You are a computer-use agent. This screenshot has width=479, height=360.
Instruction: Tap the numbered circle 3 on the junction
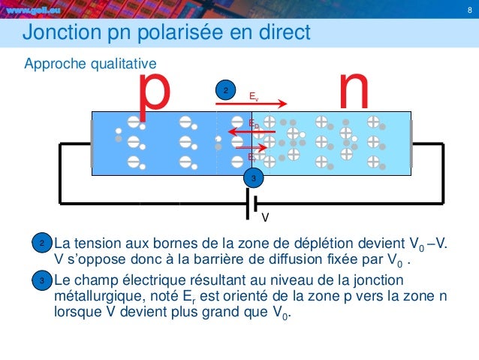pos(254,178)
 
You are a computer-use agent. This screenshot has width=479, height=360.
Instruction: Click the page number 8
pos(468,11)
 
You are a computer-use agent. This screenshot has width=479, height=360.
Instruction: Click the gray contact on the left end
pos(91,144)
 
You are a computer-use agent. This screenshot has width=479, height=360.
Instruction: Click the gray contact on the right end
pos(411,144)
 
